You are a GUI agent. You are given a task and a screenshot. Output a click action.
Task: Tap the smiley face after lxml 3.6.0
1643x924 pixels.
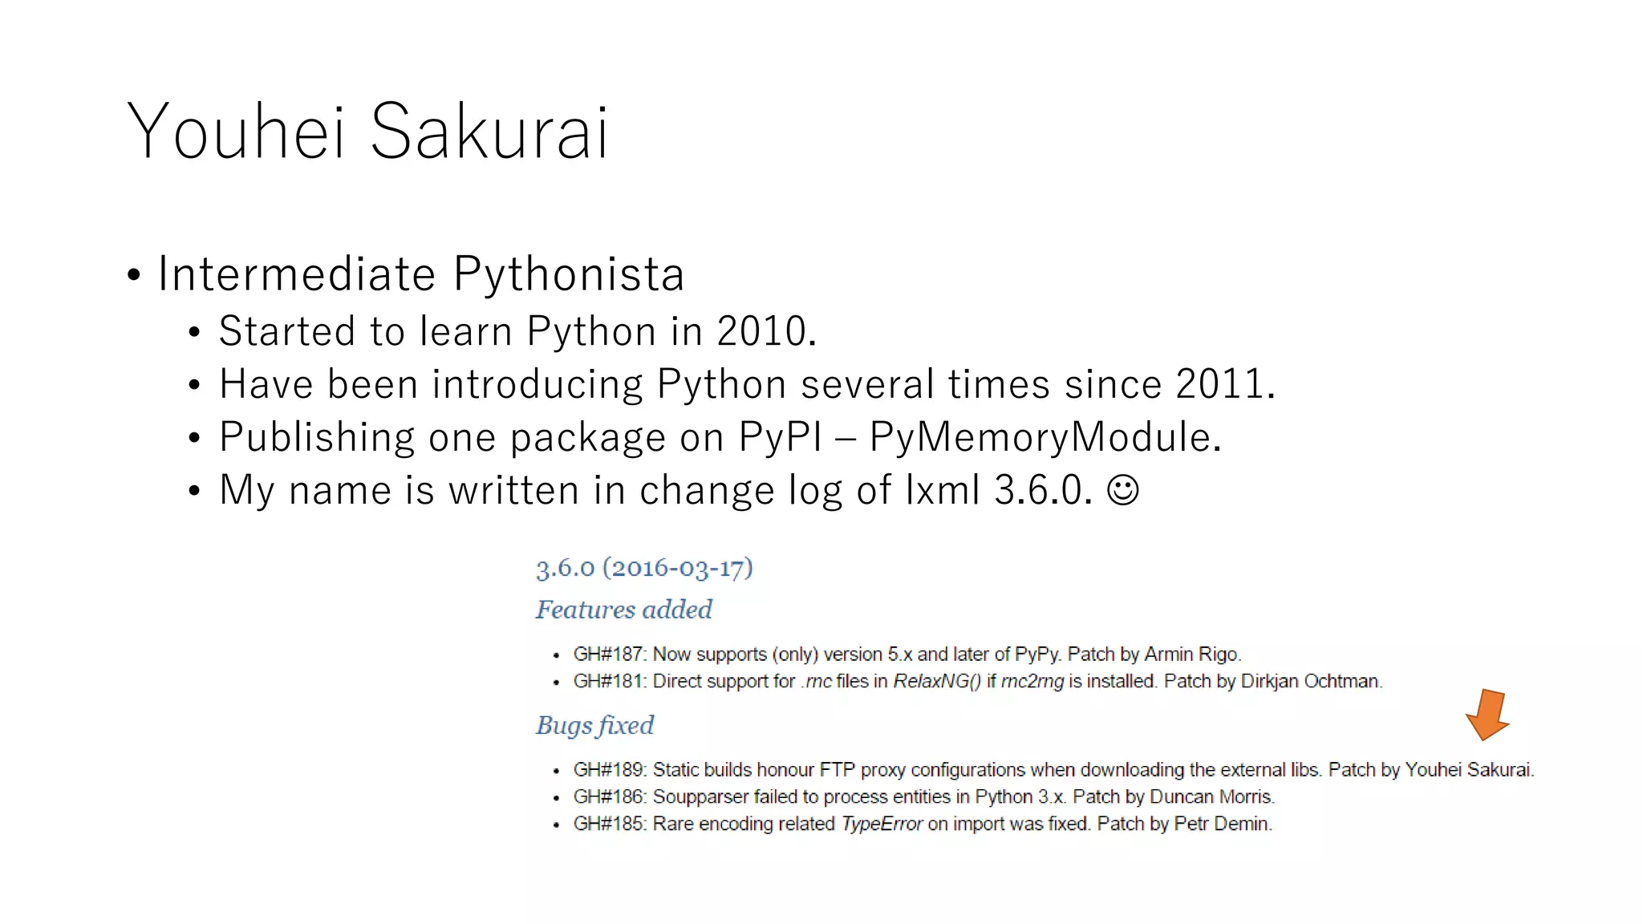1122,489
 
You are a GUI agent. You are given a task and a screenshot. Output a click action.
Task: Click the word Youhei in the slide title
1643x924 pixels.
236,132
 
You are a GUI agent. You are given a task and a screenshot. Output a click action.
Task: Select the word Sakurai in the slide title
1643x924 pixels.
489,132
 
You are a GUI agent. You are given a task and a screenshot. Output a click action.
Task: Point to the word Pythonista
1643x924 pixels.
569,274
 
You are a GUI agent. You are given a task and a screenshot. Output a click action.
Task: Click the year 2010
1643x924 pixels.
761,331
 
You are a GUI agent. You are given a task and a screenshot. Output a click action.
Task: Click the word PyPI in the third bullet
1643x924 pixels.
780,437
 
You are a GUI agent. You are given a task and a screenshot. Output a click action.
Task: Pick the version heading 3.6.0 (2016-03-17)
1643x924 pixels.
644,568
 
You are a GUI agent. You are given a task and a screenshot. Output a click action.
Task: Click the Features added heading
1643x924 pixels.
623,610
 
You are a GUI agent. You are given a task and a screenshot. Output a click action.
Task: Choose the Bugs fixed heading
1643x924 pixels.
594,725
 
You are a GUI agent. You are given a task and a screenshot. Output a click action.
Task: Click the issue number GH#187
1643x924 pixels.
609,654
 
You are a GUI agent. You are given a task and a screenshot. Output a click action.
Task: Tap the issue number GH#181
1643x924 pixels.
609,682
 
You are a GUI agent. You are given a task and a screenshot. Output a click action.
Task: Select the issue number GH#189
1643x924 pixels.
609,770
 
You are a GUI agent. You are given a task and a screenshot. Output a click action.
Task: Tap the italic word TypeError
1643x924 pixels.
882,825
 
